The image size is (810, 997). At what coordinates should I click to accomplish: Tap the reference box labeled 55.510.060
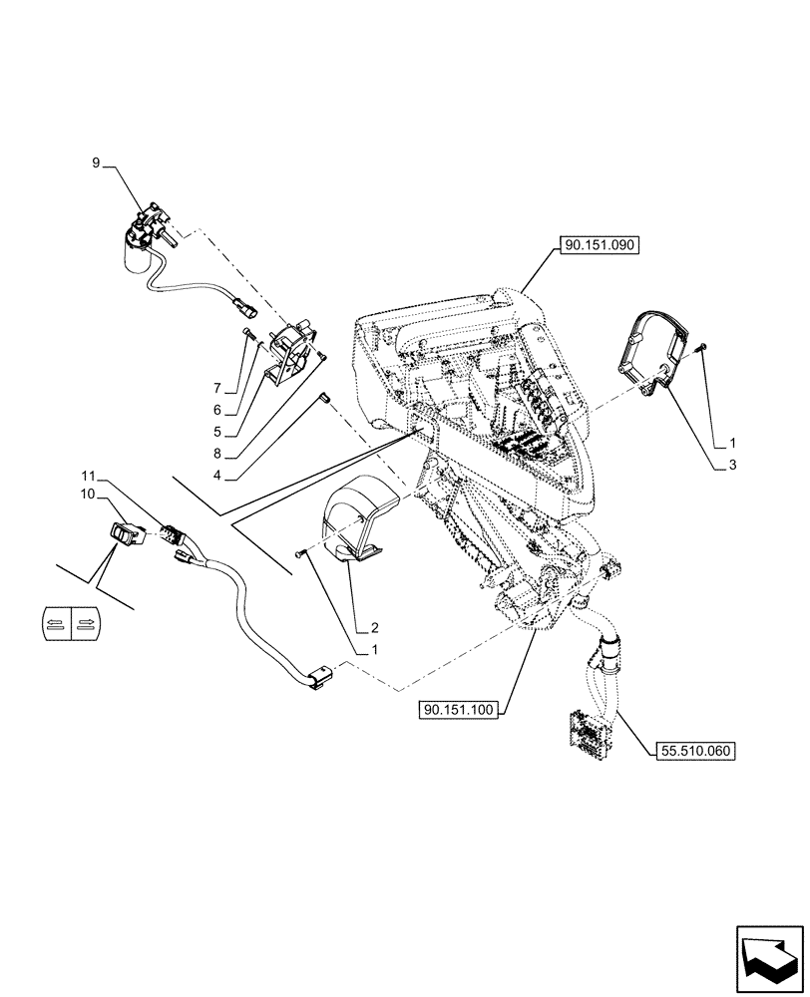point(694,751)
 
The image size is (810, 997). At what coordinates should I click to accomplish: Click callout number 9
point(96,162)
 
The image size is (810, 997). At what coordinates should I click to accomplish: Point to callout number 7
point(215,386)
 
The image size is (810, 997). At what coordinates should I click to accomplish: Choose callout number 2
point(374,627)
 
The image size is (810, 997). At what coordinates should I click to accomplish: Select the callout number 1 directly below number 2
point(374,650)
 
